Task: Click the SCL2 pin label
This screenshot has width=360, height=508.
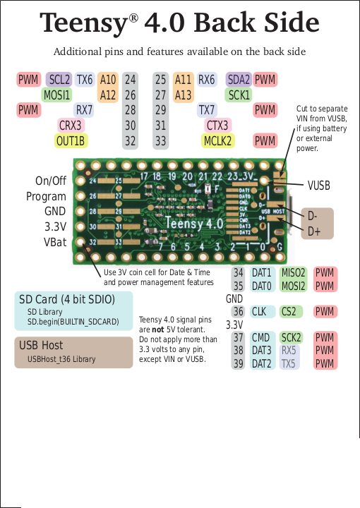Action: [59, 80]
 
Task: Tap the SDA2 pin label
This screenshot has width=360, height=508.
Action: [238, 80]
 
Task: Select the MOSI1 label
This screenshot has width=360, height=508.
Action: [56, 95]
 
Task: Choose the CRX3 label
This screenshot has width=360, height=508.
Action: [71, 126]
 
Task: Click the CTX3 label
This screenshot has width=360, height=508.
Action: [216, 126]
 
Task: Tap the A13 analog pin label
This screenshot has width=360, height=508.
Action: [183, 95]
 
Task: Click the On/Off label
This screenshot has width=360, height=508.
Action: [50, 181]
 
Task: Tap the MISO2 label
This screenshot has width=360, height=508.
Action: [293, 273]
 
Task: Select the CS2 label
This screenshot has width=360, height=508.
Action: [289, 311]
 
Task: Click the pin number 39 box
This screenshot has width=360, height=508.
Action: [239, 363]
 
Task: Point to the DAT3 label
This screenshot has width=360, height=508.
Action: [261, 351]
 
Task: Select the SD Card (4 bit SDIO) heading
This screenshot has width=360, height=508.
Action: [66, 299]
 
